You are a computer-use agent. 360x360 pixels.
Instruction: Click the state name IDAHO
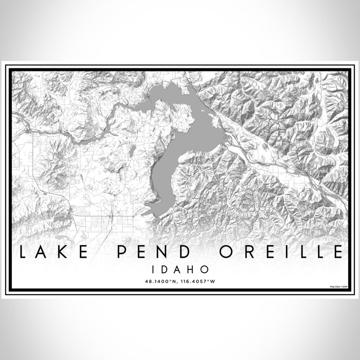coord(179,268)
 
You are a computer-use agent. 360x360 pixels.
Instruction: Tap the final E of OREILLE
coord(336,253)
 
